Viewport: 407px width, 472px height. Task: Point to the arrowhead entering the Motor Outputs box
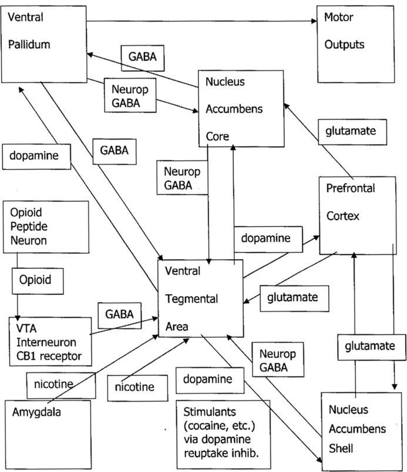[314, 22]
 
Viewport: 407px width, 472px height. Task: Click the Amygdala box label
[36, 412]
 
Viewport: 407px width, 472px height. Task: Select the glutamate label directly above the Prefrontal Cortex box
[351, 131]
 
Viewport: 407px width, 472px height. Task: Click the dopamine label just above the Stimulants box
[207, 379]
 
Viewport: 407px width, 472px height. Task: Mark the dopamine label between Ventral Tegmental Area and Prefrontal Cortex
[266, 239]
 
